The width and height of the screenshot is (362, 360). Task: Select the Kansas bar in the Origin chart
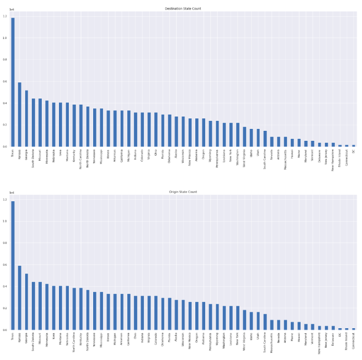click(19, 298)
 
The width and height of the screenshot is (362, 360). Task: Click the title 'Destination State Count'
click(183, 9)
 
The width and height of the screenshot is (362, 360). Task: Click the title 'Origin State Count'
click(183, 192)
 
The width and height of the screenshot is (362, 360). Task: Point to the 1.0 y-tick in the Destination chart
click(5, 38)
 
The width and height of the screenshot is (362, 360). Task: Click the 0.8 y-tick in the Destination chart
click(5, 60)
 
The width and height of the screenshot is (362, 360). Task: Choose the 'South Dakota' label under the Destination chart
click(34, 156)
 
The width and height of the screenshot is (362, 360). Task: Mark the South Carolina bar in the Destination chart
click(265, 138)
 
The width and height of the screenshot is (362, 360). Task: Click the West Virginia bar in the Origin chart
click(245, 320)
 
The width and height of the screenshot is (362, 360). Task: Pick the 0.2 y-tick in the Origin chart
click(5, 308)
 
